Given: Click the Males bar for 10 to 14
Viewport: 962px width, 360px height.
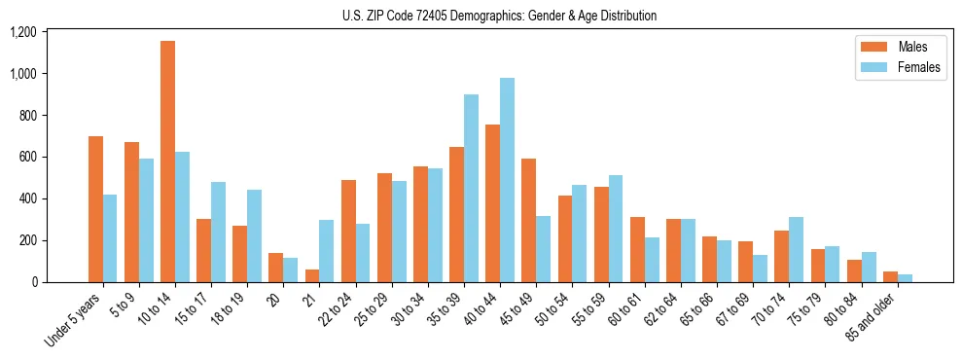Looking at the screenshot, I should point(167,162).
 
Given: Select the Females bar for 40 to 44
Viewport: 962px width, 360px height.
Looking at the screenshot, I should point(507,180).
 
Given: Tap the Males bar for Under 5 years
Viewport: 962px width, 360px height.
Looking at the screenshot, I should point(95,209).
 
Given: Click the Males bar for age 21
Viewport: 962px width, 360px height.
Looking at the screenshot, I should point(312,275).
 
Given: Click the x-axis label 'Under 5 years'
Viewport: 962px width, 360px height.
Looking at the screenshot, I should point(76,320).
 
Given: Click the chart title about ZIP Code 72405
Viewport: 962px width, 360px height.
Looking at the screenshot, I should point(499,16).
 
